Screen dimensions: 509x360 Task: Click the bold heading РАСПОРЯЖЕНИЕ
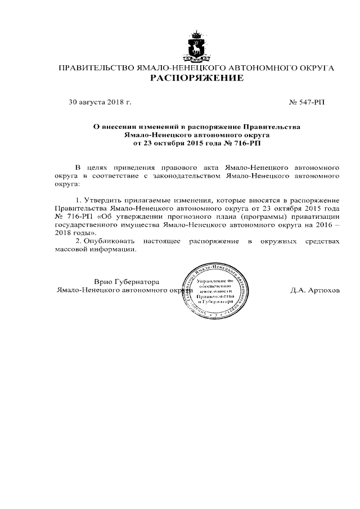click(197, 78)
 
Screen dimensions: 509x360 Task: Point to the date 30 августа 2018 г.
click(100, 103)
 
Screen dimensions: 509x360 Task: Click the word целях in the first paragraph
click(98, 168)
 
